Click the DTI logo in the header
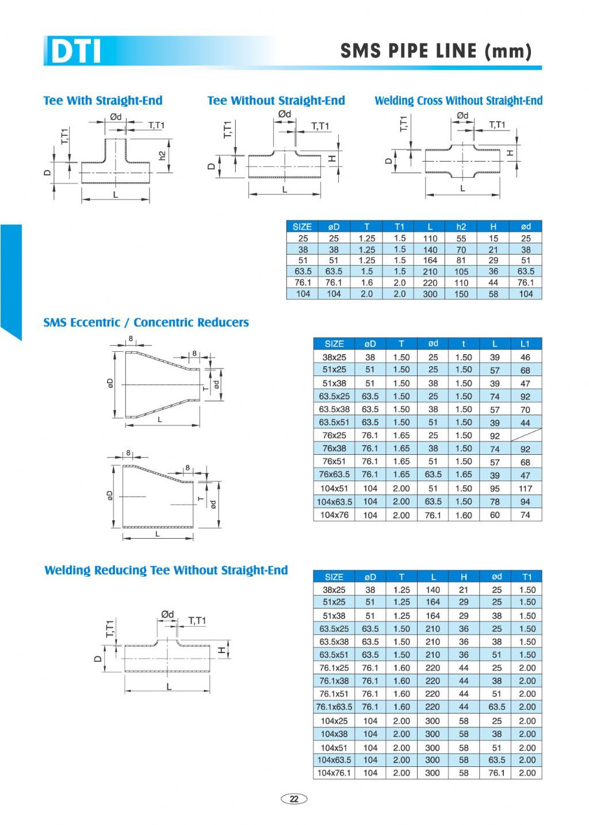coord(75,51)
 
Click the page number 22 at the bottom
coord(294,799)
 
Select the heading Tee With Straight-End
coord(103,101)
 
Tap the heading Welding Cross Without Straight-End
coord(458,101)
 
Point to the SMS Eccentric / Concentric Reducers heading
coord(146,323)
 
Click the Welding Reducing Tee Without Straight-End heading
coord(166,570)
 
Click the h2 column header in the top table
coord(461,227)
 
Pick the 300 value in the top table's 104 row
coord(430,294)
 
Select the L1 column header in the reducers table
coord(525,344)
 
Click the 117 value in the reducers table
coord(525,489)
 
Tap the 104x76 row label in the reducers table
coord(334,515)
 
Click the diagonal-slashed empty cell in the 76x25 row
coord(525,436)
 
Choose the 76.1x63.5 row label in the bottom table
coord(334,707)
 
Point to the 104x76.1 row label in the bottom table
coord(334,773)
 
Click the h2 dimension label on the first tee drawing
coord(163,156)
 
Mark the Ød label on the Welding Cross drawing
coord(462,116)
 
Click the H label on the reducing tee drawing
coord(221,650)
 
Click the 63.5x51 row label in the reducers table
coord(334,423)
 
